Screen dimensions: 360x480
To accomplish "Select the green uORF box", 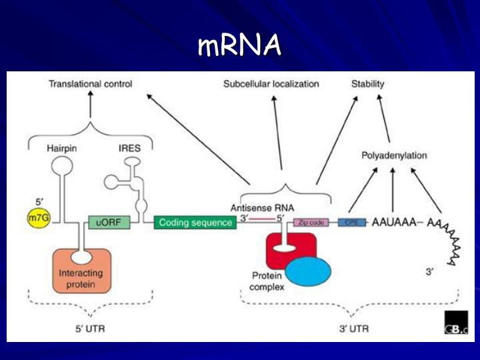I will point(109,222).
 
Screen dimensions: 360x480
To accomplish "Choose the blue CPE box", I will point(352,222).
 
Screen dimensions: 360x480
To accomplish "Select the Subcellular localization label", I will point(271,84).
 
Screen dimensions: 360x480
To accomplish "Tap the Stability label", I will point(368,84).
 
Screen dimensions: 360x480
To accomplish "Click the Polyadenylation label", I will point(394,155).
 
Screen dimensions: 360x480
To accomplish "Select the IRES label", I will point(129,148).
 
